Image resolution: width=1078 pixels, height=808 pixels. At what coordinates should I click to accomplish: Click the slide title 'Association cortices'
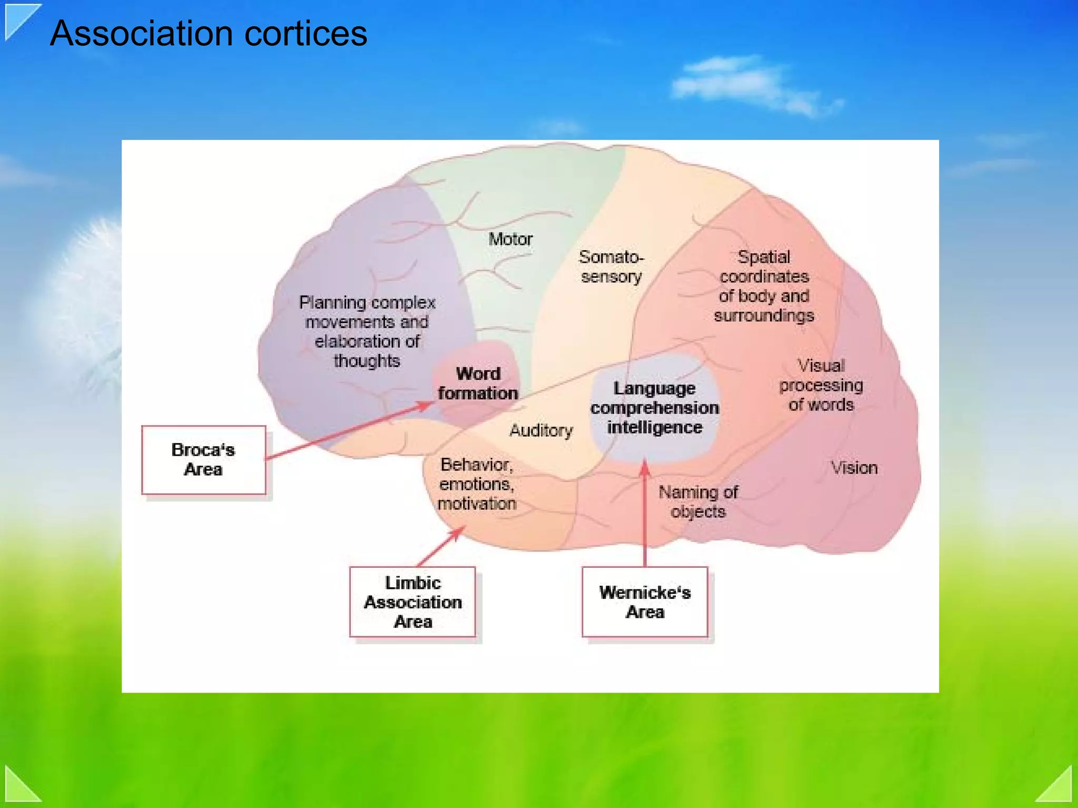[x=208, y=34]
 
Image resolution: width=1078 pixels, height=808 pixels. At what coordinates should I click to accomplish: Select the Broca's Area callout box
[x=203, y=460]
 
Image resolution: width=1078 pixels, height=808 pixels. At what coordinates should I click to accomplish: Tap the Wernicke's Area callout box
[x=645, y=602]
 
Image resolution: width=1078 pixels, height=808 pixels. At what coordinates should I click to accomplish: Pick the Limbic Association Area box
[x=413, y=602]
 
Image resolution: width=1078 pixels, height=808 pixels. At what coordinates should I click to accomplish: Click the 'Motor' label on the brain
[x=510, y=239]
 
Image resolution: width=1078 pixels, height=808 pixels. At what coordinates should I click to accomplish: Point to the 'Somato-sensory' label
[x=611, y=267]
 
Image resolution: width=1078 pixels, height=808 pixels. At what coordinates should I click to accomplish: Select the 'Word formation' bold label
[x=478, y=383]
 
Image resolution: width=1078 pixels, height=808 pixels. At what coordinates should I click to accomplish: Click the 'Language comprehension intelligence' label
[x=654, y=408]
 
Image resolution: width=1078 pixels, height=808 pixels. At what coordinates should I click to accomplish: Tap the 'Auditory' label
[x=541, y=430]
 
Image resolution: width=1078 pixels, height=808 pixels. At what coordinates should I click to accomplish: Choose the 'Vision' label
[x=854, y=468]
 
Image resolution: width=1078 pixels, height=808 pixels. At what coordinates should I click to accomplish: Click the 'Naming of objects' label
[x=698, y=501]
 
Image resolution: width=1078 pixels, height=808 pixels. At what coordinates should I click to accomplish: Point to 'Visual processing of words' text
[x=821, y=385]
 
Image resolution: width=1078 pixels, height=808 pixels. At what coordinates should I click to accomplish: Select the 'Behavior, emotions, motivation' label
[x=477, y=484]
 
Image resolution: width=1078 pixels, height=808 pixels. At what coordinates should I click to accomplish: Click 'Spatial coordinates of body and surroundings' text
[x=764, y=286]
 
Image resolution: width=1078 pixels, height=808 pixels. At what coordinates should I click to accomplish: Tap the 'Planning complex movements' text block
[x=367, y=331]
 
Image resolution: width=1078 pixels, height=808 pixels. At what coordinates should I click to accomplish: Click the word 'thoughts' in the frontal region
[x=367, y=361]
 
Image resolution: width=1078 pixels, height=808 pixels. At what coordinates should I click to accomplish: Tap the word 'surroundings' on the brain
[x=764, y=316]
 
